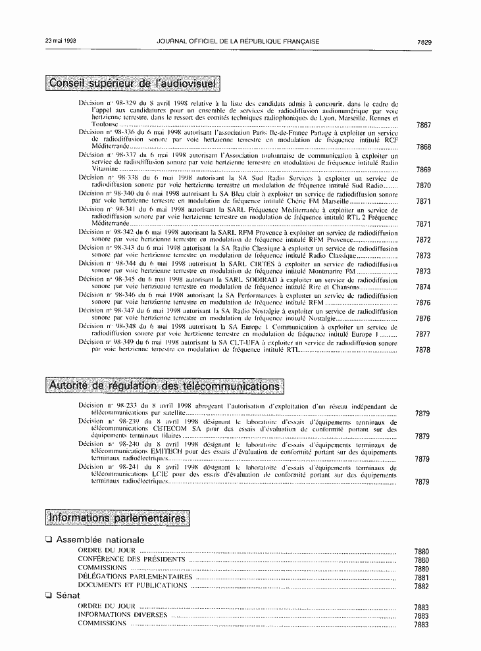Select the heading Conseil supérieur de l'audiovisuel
(134, 84)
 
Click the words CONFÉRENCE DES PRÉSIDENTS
(131, 559)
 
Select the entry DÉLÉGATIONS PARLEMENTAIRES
(135, 577)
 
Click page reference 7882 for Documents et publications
(422, 587)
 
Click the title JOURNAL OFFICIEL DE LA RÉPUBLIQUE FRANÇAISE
(238, 41)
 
